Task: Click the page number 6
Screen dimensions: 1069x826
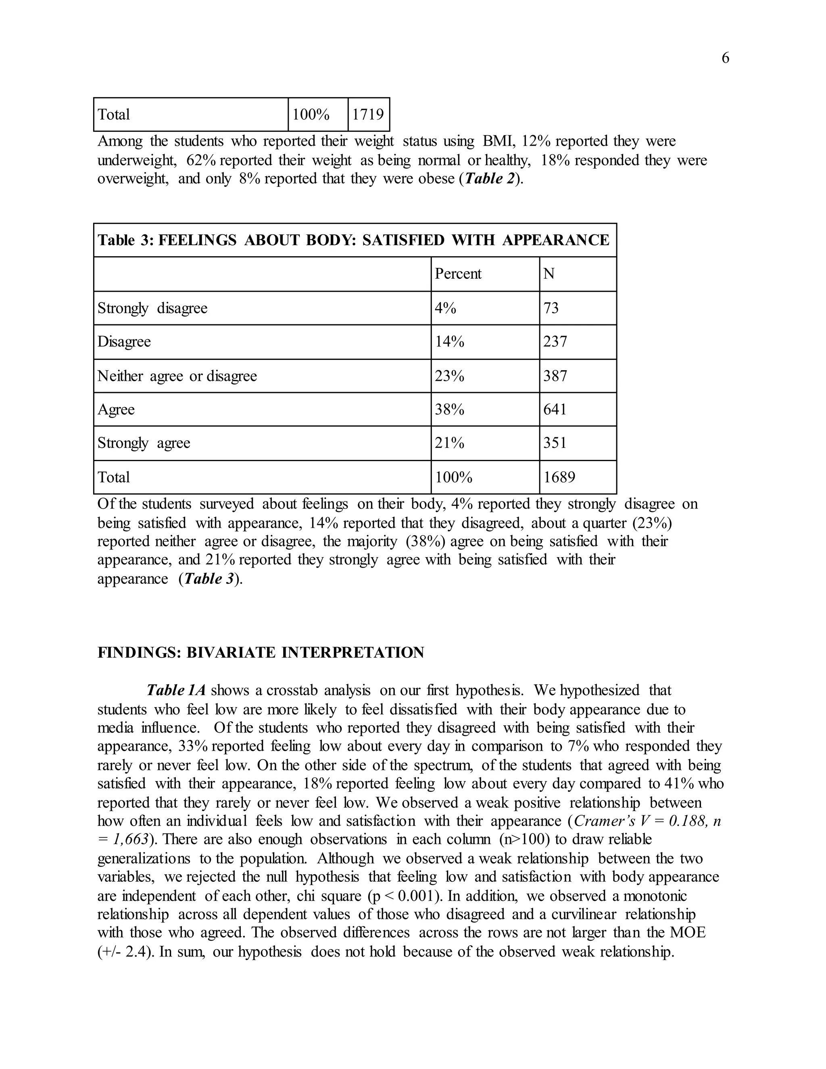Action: pos(725,58)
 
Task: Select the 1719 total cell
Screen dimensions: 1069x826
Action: pos(368,115)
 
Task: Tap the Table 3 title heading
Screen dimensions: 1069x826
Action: pos(353,240)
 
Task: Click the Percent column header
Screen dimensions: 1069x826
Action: pos(458,274)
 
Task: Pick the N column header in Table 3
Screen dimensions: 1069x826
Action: pos(549,274)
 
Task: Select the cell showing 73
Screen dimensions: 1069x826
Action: pos(551,308)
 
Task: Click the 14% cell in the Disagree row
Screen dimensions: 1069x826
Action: pos(449,341)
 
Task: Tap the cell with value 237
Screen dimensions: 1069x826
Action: pos(555,341)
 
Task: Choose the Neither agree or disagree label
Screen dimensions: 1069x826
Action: pos(177,376)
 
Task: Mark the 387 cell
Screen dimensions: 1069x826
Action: pos(555,376)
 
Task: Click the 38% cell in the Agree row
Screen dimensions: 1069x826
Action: pos(449,409)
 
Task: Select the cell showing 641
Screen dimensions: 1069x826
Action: pos(555,409)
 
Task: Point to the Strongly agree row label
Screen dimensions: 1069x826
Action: pos(144,443)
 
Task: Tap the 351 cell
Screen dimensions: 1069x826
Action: pos(555,443)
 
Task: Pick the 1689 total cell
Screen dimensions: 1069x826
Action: pos(559,477)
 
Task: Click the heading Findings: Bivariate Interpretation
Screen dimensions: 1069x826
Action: pos(261,652)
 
